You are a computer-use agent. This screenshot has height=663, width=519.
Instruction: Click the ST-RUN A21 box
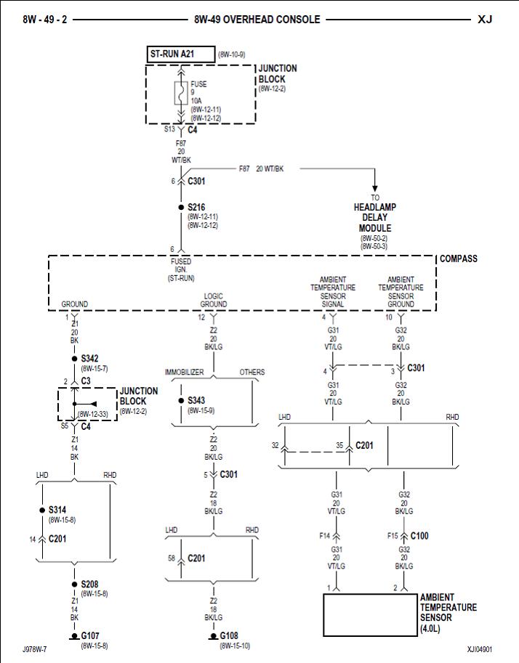click(181, 54)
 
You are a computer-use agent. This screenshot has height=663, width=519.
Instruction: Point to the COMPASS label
click(458, 259)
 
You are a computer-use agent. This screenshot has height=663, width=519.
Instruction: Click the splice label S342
click(91, 359)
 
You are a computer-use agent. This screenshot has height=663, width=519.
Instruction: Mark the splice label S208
click(91, 584)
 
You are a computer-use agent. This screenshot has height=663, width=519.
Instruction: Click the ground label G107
click(91, 636)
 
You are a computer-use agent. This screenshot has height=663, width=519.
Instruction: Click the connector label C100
click(419, 536)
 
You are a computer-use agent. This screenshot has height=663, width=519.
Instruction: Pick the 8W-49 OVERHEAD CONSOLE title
click(257, 20)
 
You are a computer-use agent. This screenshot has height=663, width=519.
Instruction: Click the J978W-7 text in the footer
click(35, 650)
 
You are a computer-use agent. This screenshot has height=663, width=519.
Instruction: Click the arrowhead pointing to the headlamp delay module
click(376, 187)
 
